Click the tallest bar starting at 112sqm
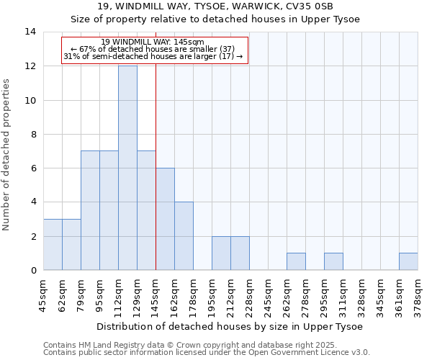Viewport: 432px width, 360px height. [127, 168]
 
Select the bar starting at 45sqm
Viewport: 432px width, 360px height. [53, 245]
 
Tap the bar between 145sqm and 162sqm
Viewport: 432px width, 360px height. [165, 219]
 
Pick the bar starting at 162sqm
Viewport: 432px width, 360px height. [184, 236]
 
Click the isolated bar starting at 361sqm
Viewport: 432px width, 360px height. [408, 261]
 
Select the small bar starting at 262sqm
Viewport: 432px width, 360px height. [296, 261]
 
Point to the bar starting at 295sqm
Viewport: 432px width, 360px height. [333, 261]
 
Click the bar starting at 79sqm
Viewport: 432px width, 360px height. [90, 210]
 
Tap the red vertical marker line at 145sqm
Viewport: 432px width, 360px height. [156, 166]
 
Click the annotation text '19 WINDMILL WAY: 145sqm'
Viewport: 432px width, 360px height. [154, 42]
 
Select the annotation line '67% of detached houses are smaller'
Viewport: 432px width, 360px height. [154, 49]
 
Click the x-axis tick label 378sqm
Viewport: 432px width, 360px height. [418, 295]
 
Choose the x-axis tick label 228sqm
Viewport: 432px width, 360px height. [249, 295]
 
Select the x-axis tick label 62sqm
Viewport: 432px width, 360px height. [62, 295]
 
